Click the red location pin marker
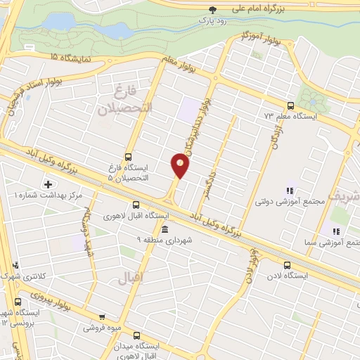180,165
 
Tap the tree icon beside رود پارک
213,9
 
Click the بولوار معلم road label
176,66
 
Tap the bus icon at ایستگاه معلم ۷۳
290,105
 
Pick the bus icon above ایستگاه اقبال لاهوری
126,206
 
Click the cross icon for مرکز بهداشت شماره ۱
48,184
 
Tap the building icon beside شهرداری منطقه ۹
164,230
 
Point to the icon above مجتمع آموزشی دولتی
289,191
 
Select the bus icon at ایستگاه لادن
286,265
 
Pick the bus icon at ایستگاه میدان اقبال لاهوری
136,335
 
